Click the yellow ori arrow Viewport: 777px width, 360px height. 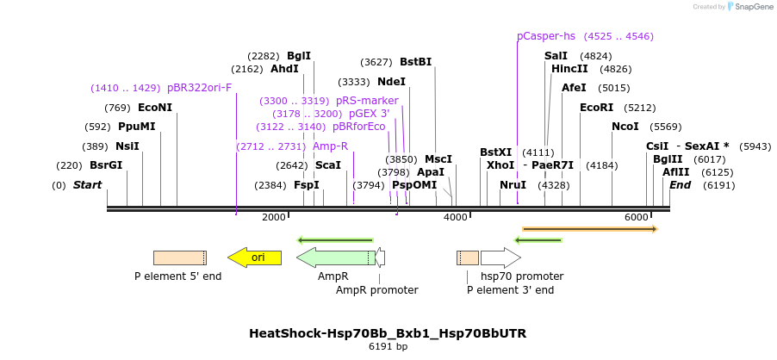point(254,258)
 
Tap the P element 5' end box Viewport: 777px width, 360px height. point(179,258)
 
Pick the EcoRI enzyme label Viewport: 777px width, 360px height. point(596,108)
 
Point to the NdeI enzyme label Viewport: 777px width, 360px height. point(391,82)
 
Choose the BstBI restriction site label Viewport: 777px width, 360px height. point(415,62)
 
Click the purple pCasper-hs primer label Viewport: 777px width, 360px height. point(546,36)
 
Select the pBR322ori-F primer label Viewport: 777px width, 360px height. point(199,88)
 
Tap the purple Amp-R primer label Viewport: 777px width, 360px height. point(330,146)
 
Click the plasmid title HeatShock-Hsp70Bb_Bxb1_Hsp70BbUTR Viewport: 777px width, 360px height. point(388,333)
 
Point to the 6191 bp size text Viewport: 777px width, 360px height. point(388,347)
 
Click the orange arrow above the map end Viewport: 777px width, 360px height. point(590,229)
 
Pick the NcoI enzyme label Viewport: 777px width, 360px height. point(625,127)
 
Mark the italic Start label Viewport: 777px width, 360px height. point(87,185)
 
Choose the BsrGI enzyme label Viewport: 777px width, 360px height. point(106,165)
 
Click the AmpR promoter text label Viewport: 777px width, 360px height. point(376,290)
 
